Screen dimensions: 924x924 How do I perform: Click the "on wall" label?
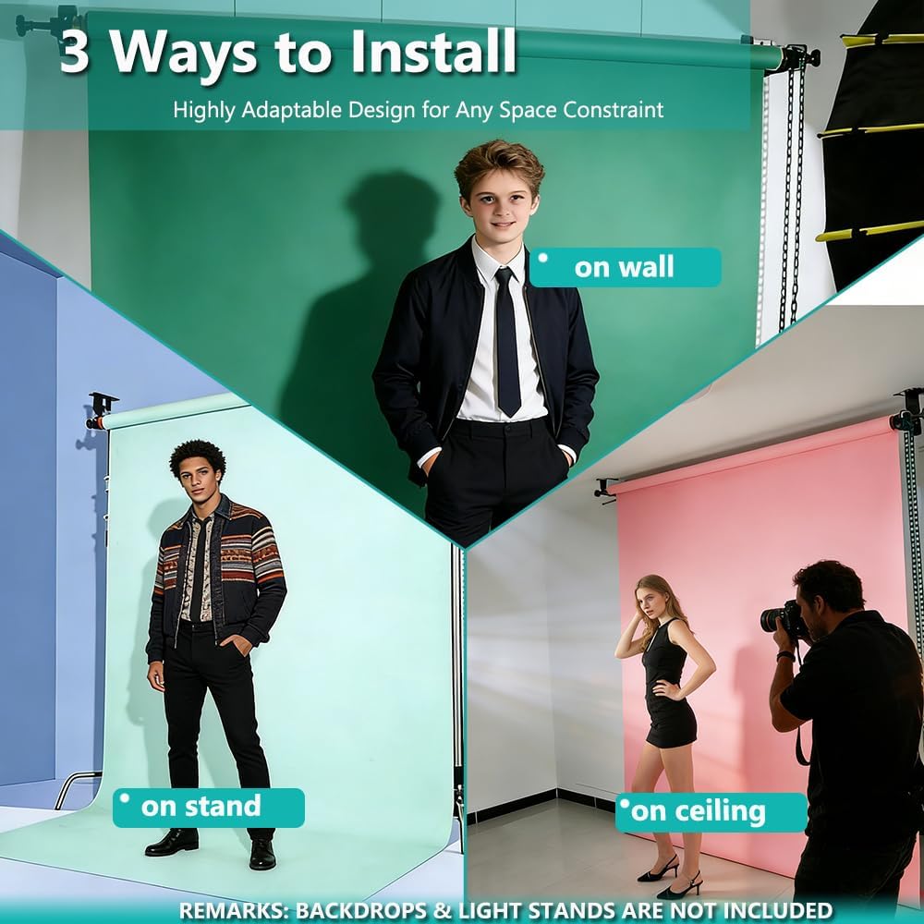tap(626, 268)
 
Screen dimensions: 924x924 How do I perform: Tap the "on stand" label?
tap(209, 808)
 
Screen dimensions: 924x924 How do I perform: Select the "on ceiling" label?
tap(711, 812)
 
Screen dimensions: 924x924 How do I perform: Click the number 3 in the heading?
tap(74, 52)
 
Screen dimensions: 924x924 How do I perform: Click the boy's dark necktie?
tap(507, 342)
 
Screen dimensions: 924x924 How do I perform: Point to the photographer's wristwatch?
tap(784, 656)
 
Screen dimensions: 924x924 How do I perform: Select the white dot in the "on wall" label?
tap(542, 258)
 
